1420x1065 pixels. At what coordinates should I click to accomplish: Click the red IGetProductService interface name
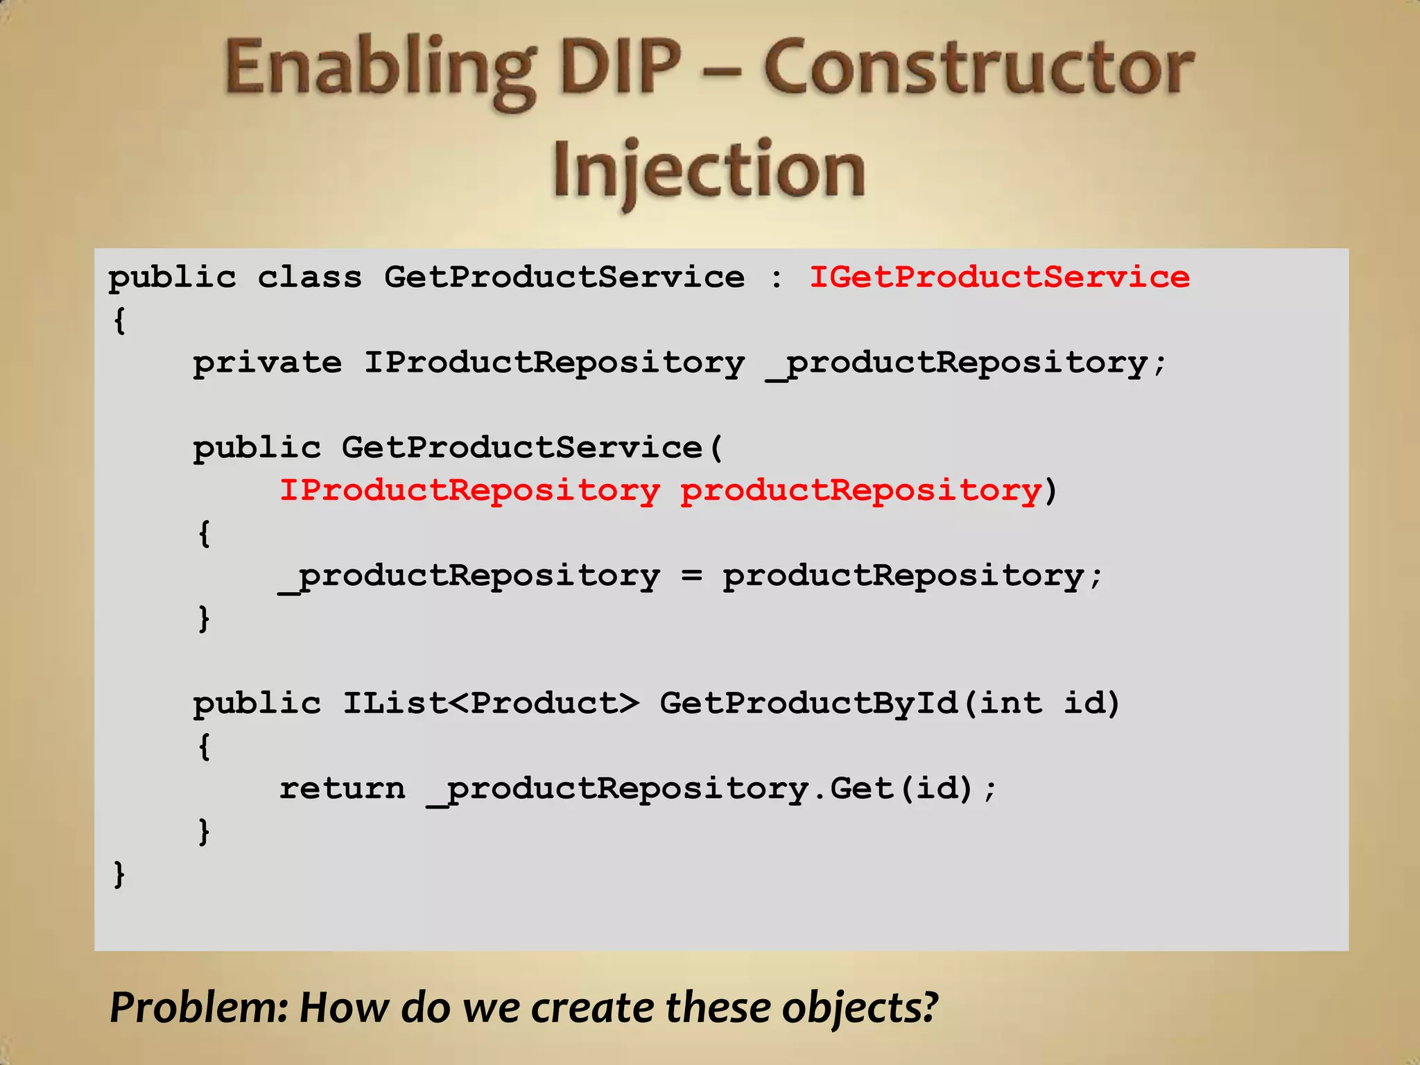(x=999, y=277)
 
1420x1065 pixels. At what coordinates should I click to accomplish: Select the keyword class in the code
(x=310, y=277)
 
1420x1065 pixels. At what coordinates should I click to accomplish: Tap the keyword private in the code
(x=267, y=363)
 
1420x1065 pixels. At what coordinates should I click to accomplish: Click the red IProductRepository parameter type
(x=469, y=490)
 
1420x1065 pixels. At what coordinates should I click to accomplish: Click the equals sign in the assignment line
(x=691, y=575)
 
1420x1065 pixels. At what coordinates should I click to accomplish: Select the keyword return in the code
(x=342, y=788)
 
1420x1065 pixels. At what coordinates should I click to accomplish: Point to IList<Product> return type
(x=491, y=703)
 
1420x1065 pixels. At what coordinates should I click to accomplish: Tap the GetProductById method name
(x=808, y=703)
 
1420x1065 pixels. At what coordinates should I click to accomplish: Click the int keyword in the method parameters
(x=1011, y=703)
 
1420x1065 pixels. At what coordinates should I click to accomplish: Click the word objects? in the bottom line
(x=860, y=1007)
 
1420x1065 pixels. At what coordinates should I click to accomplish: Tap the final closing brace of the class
(x=119, y=874)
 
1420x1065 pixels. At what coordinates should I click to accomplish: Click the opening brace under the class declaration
(x=119, y=320)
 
